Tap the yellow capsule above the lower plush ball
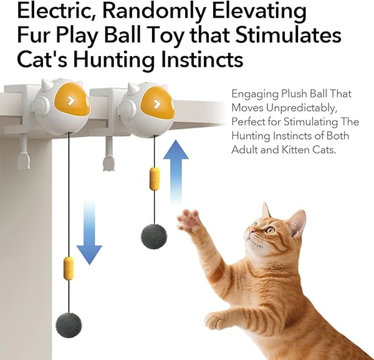click(69, 268)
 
